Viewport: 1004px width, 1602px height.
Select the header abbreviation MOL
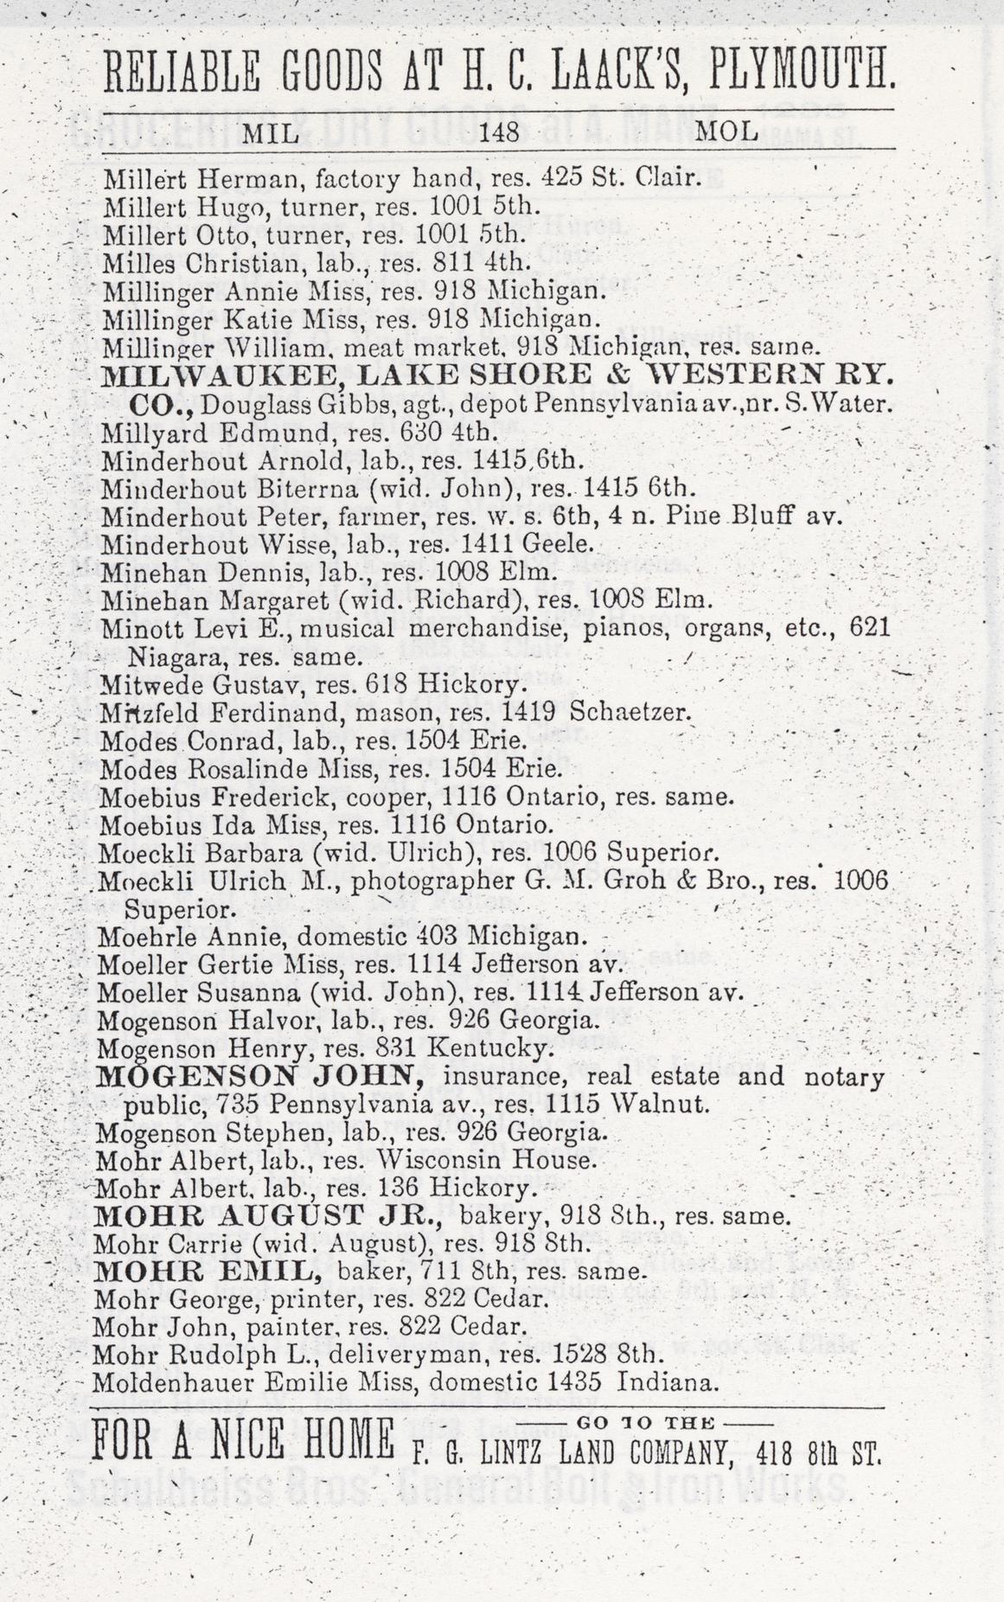pyautogui.click(x=726, y=132)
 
